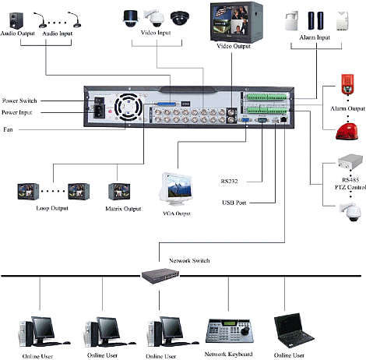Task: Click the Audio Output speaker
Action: [16, 20]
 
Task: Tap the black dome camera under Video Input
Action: [180, 18]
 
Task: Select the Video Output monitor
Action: [236, 22]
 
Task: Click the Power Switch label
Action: [19, 101]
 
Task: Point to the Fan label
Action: [8, 129]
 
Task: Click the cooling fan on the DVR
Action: [128, 107]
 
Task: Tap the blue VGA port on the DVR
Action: [245, 120]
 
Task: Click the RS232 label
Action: [229, 182]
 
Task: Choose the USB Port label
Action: [234, 203]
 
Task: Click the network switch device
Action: [160, 276]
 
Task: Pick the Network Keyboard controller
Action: [229, 331]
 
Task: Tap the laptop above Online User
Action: [294, 330]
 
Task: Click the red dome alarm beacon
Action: [347, 132]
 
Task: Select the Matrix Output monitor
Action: [119, 192]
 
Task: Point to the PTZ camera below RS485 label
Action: [350, 212]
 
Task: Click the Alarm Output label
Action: [347, 108]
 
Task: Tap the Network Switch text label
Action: [189, 260]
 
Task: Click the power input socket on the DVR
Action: [99, 111]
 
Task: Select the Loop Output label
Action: [52, 208]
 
